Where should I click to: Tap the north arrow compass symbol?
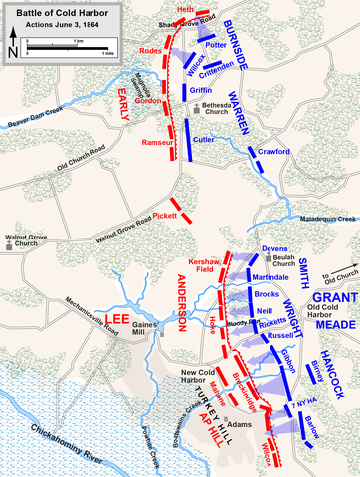(12, 46)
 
